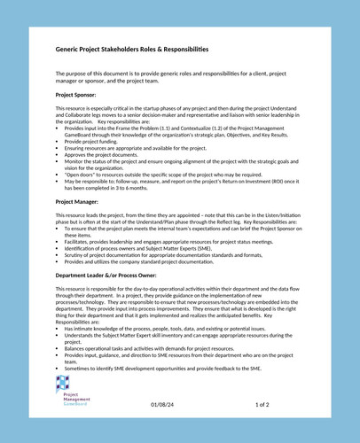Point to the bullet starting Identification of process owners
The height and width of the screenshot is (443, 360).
pos(138,249)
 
